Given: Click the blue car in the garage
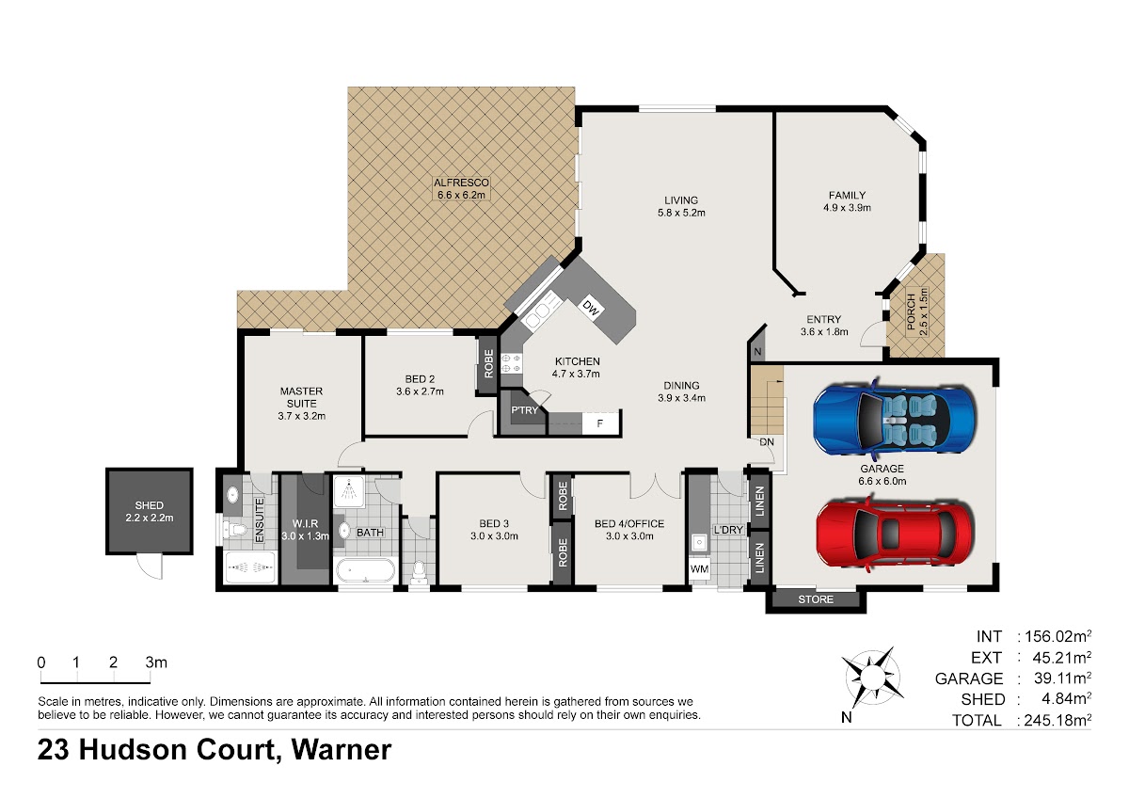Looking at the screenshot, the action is point(895,417).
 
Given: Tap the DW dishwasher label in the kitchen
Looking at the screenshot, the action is point(590,308).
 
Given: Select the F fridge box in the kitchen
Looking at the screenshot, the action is point(600,423).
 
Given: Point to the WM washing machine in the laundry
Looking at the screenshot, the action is point(699,569).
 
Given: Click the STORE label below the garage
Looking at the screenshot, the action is point(816,599).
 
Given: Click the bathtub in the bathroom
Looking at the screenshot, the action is point(365,570).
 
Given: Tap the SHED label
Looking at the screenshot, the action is point(150,505).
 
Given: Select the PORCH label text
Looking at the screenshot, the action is point(911,312).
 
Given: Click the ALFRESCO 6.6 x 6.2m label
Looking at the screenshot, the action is point(461,188).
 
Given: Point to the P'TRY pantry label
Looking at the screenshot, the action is point(525,410).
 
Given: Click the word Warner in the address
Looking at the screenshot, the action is point(342,750).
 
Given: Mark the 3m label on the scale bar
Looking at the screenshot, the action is point(156,662).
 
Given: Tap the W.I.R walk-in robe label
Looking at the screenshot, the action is point(306,524).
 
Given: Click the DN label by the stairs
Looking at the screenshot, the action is point(767,442).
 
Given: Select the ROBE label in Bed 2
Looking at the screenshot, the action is point(488,364).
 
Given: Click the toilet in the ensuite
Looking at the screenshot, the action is point(235,530).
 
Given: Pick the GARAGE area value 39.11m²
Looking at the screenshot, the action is point(1062,678).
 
